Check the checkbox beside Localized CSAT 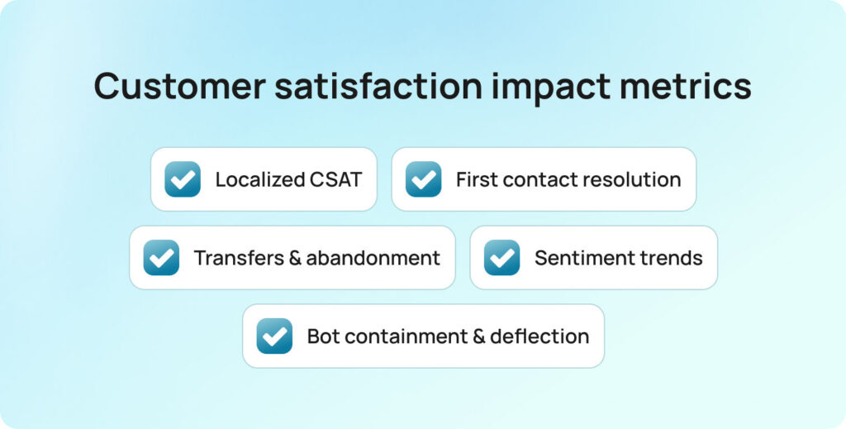tap(183, 179)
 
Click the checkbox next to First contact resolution tap(423, 179)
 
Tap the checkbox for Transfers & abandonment tap(161, 258)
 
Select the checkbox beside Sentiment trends tap(501, 258)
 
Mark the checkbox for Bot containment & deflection tap(274, 336)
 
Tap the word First tap(476, 179)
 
